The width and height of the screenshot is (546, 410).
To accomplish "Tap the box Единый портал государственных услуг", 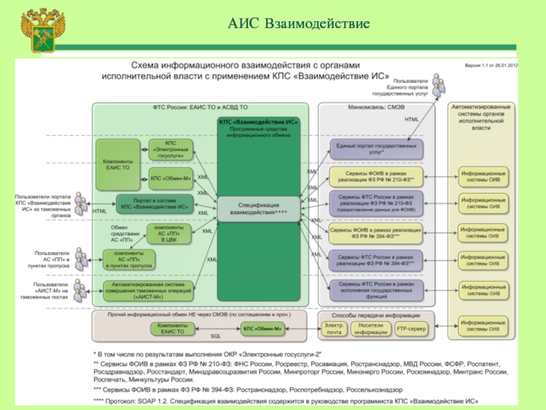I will [x=375, y=150].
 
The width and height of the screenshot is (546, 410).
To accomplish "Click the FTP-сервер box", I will [x=413, y=329].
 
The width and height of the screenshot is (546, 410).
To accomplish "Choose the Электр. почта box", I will [x=334, y=329].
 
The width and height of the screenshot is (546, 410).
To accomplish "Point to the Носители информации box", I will [x=371, y=329].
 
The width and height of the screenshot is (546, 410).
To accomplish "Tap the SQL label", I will [x=216, y=337].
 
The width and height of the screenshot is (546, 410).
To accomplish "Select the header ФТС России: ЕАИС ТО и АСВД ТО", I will [x=200, y=108].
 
